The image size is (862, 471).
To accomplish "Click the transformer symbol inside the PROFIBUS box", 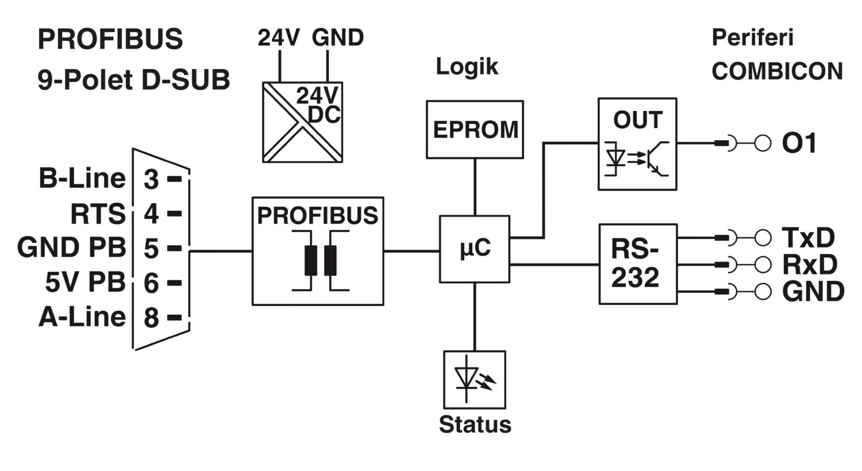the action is tap(320, 260).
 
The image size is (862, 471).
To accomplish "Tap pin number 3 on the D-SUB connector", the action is tap(151, 179).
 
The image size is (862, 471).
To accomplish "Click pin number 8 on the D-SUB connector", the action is tap(151, 318).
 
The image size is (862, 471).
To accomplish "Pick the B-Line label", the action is tap(82, 179).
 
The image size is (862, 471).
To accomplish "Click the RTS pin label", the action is tap(98, 214).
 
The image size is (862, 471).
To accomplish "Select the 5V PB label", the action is tap(86, 282).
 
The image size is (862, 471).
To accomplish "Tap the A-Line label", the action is tap(82, 317).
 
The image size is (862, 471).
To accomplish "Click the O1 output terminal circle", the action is tap(763, 144).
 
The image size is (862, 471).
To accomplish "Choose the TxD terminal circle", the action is tap(763, 238).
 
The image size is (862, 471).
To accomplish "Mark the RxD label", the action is tap(810, 265).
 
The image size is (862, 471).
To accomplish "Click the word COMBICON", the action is tap(778, 71).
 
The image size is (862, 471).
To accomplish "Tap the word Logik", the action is tap(467, 67).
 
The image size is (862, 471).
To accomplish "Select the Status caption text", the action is tap(475, 424).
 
